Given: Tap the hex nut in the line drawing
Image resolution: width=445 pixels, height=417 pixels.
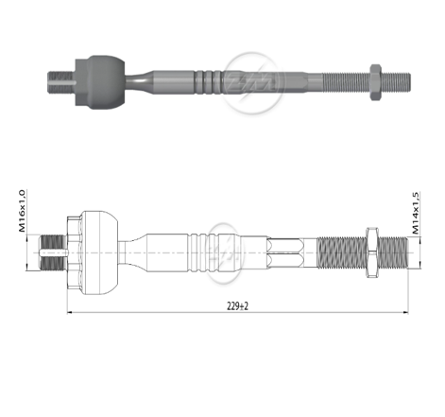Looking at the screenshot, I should tap(370, 252).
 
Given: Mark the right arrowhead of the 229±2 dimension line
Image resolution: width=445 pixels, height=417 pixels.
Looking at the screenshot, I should tap(405, 311).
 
